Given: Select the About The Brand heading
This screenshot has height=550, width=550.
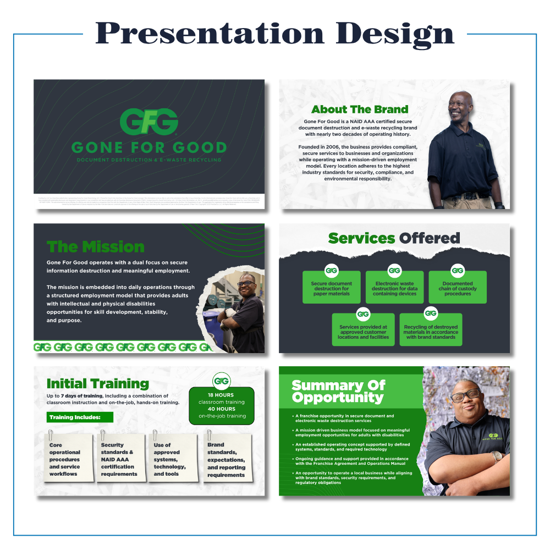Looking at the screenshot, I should (x=360, y=109).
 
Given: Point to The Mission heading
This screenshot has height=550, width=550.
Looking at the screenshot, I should (x=96, y=246).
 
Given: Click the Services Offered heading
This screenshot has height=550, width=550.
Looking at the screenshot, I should (x=394, y=238).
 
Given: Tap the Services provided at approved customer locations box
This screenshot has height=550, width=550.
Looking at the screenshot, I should (x=363, y=331).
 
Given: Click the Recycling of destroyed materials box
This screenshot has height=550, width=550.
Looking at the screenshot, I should (x=431, y=331).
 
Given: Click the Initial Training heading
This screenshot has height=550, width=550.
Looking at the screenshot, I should (x=98, y=383).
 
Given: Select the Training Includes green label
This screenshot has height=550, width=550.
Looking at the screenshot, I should (x=80, y=417).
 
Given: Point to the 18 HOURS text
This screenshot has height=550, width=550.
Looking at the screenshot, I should (x=221, y=395).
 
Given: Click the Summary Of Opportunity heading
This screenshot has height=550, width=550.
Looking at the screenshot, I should (x=338, y=391).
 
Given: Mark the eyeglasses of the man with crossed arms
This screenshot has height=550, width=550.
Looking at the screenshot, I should (x=465, y=395).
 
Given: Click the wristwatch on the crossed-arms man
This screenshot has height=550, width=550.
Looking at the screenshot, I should (x=497, y=456).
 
